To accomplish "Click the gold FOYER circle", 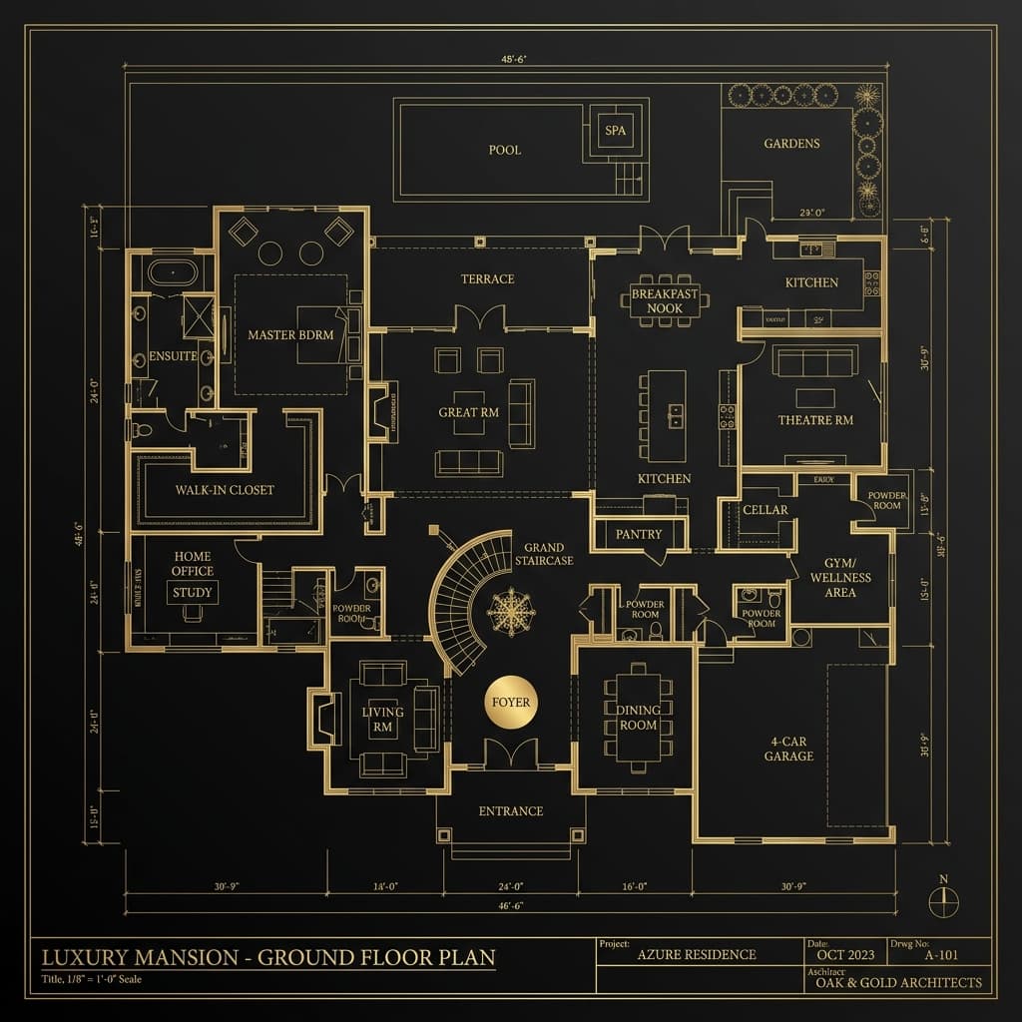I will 511,703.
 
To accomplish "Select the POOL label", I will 505,150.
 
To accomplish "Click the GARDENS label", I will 791,144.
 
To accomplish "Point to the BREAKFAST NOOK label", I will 665,302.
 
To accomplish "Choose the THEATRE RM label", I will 815,420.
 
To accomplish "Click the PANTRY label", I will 639,534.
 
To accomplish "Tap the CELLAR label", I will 766,510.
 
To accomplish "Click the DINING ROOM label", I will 639,718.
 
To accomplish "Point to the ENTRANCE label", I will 510,811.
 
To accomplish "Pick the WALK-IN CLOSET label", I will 225,490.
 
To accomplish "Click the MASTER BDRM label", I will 290,335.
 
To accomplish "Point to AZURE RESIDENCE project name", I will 697,954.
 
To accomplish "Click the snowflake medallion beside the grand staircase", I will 511,612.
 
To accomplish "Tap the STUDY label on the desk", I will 193,592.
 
